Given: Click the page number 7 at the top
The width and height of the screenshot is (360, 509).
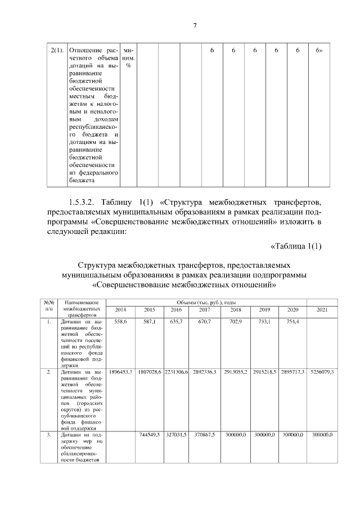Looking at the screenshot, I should (x=195, y=25).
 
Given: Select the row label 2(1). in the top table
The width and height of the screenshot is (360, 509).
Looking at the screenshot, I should (x=56, y=51).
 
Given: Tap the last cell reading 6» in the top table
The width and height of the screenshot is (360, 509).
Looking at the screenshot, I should (x=319, y=51).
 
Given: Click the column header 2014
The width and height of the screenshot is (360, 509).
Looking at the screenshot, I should (x=120, y=309).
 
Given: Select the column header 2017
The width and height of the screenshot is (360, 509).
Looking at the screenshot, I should (x=205, y=309).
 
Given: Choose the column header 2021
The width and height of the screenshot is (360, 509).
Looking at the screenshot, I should (x=322, y=309).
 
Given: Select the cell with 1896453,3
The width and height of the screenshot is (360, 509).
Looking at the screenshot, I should (x=120, y=372).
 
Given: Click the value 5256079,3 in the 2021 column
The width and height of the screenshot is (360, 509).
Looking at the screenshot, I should (x=322, y=372).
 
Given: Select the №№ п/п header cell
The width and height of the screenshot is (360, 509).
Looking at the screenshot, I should (x=49, y=306).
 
